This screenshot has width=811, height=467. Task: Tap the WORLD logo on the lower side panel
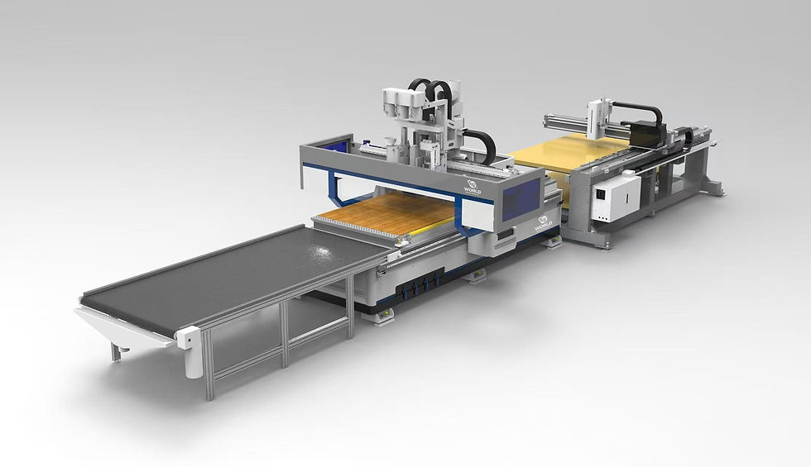point(544,222)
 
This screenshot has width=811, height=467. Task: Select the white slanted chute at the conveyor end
point(116,326)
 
